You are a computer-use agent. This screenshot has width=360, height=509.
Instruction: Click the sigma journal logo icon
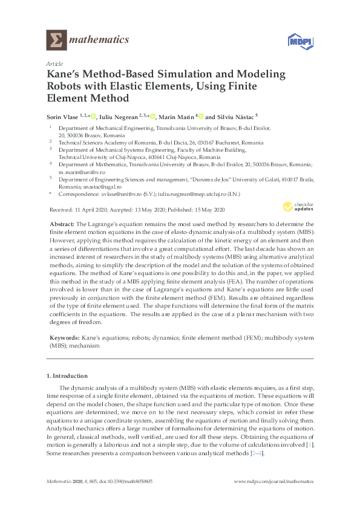tap(56, 41)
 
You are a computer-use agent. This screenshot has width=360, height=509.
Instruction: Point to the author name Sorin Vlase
tap(65, 116)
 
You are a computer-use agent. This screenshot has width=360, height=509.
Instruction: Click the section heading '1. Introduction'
tap(67, 376)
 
